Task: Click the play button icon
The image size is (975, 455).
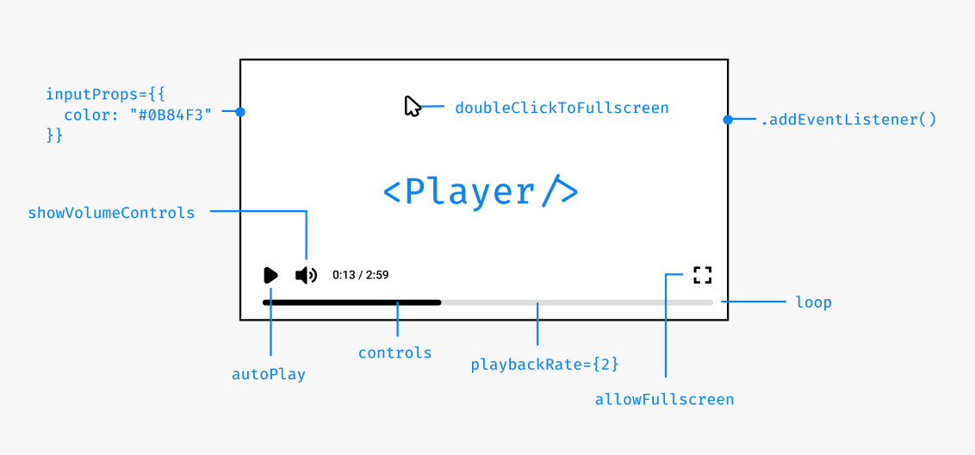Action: point(270,275)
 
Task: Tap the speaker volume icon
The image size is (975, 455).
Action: point(306,275)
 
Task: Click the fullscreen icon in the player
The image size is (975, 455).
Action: point(703,275)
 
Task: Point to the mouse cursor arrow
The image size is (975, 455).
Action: point(412,106)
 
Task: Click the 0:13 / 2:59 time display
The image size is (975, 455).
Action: point(360,275)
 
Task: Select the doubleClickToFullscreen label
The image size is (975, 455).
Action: point(562,108)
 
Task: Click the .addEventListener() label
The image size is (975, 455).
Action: point(848,120)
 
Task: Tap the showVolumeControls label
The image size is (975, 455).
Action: point(112,212)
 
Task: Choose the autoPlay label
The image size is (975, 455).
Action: point(269,374)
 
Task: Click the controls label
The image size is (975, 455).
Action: point(395,352)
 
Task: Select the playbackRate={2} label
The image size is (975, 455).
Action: point(545,365)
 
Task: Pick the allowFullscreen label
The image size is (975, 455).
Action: point(664,399)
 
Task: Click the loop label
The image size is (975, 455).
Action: point(814,302)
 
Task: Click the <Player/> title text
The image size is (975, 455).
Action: point(481,191)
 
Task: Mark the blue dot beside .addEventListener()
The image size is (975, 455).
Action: point(728,120)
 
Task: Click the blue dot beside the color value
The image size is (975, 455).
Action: point(240,112)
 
